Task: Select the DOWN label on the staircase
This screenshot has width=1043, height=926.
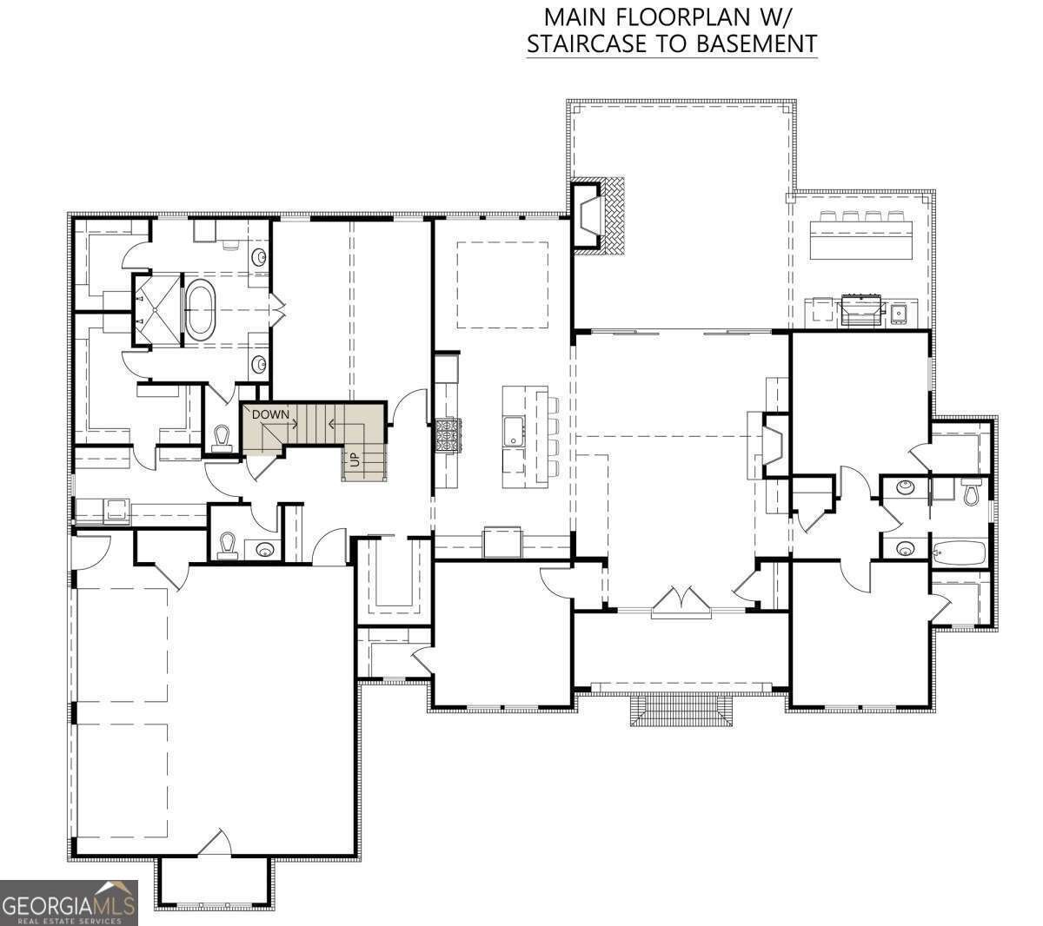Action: (x=270, y=414)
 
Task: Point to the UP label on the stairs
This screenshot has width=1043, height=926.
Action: (x=355, y=460)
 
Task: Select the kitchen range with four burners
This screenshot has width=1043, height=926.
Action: (x=449, y=434)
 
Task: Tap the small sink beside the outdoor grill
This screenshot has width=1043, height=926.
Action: (x=900, y=311)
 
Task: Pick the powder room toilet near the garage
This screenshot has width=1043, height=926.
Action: (x=228, y=546)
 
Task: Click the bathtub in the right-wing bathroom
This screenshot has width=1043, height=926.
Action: (x=959, y=551)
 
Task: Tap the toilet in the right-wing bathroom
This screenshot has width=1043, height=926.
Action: (x=972, y=493)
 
